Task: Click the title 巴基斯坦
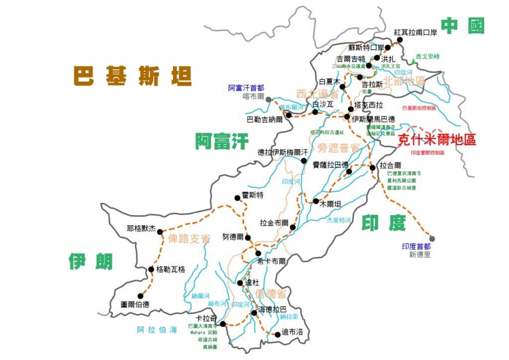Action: (x=133, y=76)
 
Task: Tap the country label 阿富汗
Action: (x=221, y=142)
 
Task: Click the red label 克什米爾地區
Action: (x=437, y=140)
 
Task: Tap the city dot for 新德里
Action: (x=432, y=239)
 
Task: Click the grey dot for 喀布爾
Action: (x=269, y=99)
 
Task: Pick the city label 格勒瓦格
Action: (x=170, y=270)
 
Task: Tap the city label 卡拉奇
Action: (x=206, y=318)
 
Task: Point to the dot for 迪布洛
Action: (x=277, y=334)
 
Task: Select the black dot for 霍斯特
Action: (x=237, y=198)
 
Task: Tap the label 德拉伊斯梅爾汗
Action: (x=283, y=152)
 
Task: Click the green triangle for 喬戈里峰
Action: (x=414, y=61)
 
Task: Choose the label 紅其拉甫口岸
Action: (x=415, y=32)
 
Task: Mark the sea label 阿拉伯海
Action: (x=157, y=330)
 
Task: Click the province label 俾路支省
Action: (x=189, y=239)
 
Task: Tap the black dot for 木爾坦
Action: (x=316, y=201)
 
